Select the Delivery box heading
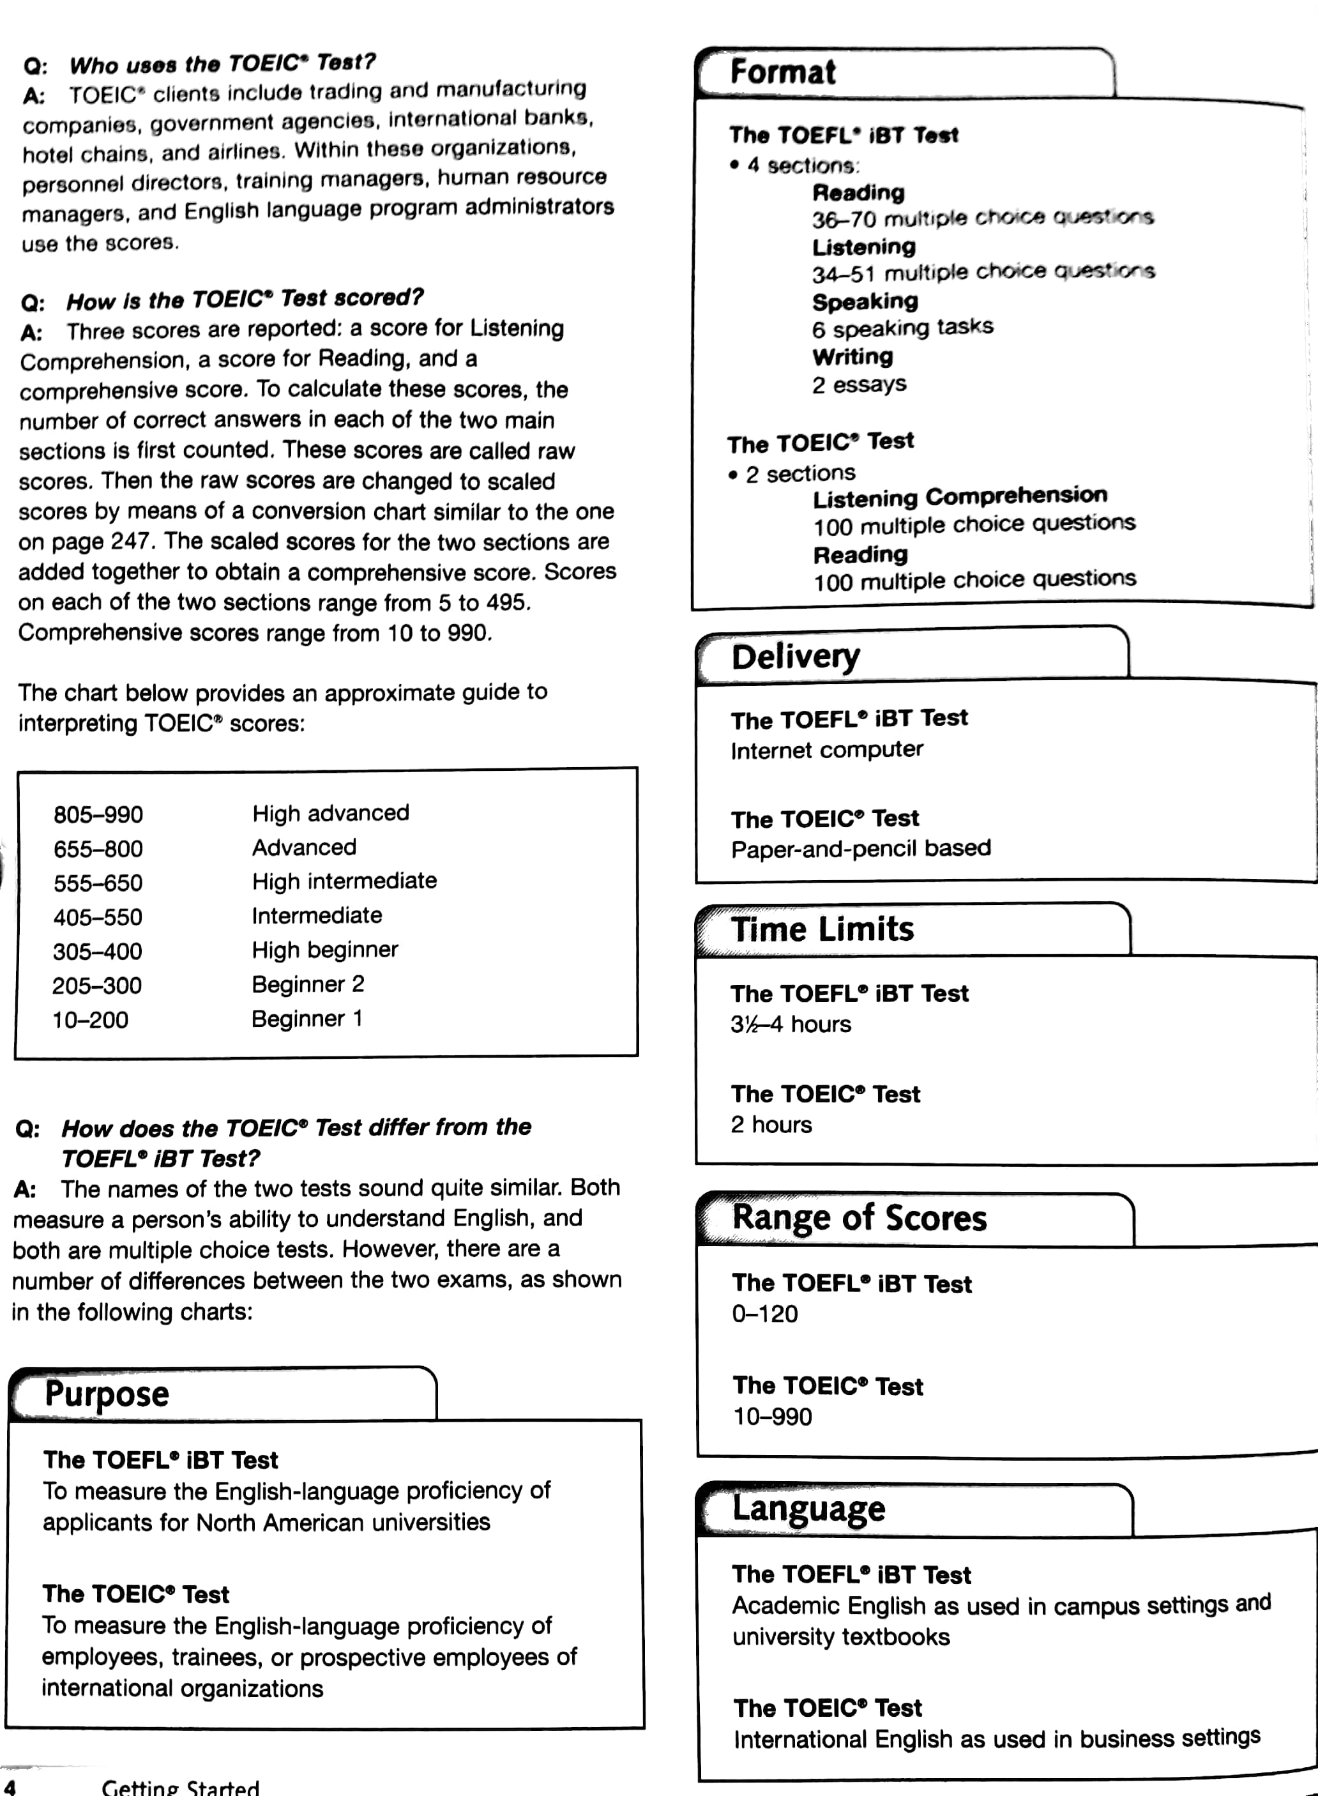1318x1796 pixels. click(796, 656)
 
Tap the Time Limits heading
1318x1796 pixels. click(822, 929)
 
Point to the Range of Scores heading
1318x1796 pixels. click(860, 1219)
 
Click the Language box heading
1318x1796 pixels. click(808, 1509)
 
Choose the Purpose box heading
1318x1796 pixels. click(107, 1394)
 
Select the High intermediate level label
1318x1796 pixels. click(344, 881)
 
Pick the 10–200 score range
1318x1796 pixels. click(90, 1020)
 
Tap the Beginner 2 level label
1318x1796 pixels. click(308, 984)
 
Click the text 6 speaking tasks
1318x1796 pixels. click(902, 328)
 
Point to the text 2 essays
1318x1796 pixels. click(860, 384)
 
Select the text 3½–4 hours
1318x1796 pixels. click(791, 1024)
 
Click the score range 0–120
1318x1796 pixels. click(764, 1314)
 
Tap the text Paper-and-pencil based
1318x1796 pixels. click(861, 848)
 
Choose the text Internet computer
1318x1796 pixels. click(826, 750)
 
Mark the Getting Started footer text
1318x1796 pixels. click(180, 1787)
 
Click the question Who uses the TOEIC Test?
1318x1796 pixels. click(221, 64)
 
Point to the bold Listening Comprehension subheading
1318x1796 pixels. click(960, 496)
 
